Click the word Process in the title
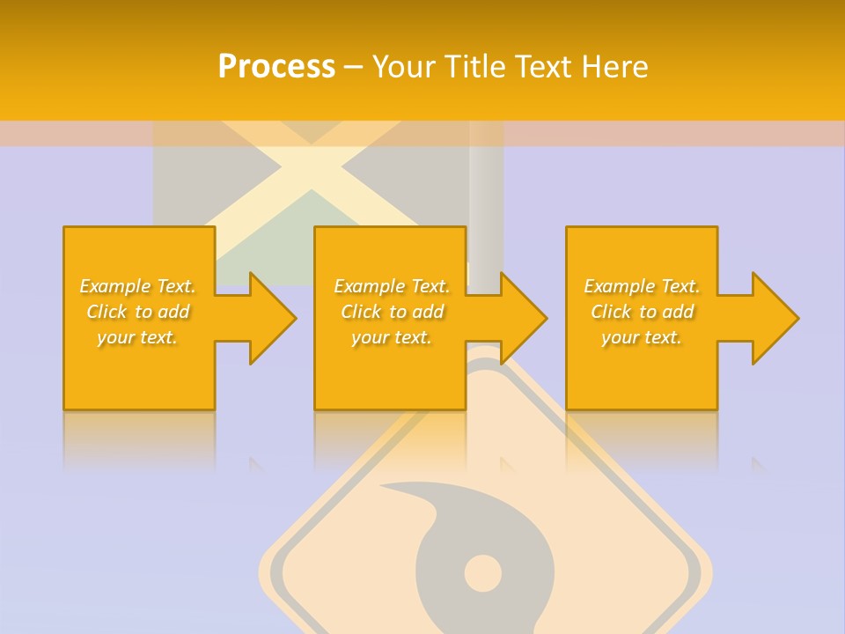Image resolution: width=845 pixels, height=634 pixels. click(276, 67)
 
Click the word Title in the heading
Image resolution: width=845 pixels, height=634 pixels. click(473, 67)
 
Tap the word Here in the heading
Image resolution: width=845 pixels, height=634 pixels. click(615, 67)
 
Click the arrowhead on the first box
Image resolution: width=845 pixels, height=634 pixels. click(272, 318)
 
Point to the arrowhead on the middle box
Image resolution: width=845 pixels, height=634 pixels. click(524, 318)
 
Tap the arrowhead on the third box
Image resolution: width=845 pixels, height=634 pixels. click(775, 318)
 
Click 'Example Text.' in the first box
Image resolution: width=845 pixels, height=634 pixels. click(138, 286)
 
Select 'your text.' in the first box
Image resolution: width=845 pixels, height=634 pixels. click(138, 337)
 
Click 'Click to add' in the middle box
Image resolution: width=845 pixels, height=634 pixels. click(392, 312)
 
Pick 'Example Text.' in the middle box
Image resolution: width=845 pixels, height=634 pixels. click(392, 286)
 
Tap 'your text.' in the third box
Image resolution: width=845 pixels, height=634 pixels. click(642, 337)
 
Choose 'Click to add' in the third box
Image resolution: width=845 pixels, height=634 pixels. click(642, 312)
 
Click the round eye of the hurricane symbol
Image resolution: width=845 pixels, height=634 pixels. click(482, 573)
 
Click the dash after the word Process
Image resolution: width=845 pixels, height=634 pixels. click(353, 67)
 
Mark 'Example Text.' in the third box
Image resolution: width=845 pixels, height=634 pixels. click(642, 286)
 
